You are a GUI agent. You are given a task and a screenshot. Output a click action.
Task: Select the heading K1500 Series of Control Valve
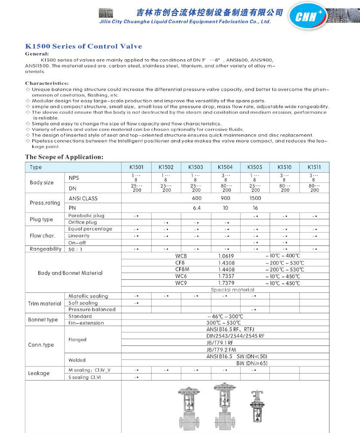pyautogui.click(x=83, y=46)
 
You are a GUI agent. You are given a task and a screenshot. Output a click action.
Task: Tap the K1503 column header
pyautogui.click(x=196, y=167)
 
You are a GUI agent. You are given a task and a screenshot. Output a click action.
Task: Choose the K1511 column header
pyautogui.click(x=314, y=167)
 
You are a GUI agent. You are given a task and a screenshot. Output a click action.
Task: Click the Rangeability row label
pyautogui.click(x=46, y=249)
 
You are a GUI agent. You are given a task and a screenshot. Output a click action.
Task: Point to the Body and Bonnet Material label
pyautogui.click(x=70, y=273)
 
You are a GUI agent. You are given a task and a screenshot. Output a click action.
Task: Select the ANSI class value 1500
pyautogui.click(x=255, y=198)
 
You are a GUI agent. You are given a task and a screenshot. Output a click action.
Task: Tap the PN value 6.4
pyautogui.click(x=196, y=208)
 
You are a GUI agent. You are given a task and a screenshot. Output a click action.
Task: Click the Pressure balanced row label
pyautogui.click(x=92, y=309)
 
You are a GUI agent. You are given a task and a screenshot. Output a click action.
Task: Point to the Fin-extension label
pyautogui.click(x=86, y=323)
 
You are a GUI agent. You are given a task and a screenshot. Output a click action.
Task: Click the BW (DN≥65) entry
pyautogui.click(x=252, y=363)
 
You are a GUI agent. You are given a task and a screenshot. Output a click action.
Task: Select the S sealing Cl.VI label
pyautogui.click(x=85, y=377)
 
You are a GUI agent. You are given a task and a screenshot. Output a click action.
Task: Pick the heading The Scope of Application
pyautogui.click(x=64, y=157)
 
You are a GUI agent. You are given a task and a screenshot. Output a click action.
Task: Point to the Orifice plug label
pyautogui.click(x=82, y=222)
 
